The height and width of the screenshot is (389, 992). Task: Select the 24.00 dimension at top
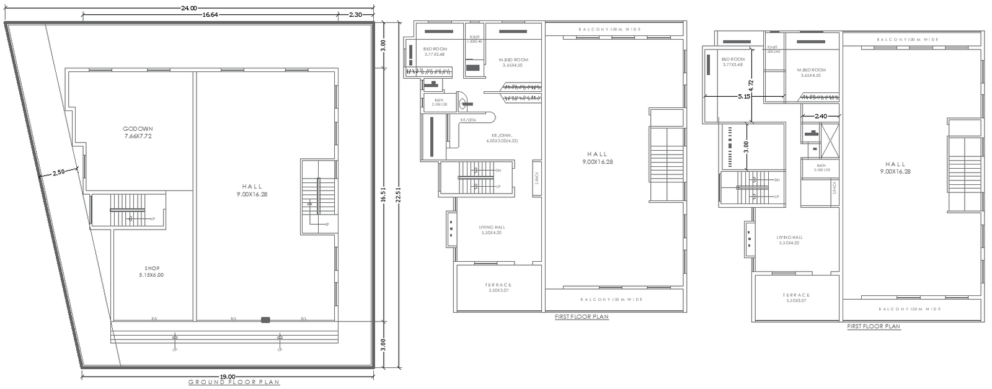coord(188,8)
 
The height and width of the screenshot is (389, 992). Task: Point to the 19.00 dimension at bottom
coord(228,376)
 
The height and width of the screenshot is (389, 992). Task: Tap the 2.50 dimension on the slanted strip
coord(58,172)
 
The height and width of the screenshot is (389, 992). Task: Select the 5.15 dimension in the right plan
coord(743,97)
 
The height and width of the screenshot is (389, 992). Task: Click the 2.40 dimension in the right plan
coord(820,116)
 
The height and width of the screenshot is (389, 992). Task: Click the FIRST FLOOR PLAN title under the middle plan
coord(582,316)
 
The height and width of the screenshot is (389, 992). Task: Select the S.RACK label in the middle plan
coord(536,179)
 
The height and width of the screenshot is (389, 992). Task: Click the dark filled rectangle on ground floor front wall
coord(265,320)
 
